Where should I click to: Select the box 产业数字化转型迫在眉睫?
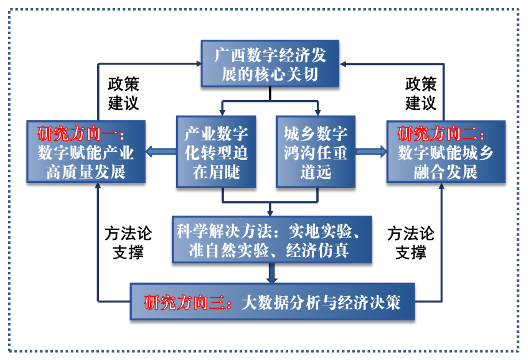216,152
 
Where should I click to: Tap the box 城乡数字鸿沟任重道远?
315,152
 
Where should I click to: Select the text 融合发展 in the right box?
446,171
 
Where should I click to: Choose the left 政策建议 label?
124,94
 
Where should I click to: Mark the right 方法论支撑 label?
411,242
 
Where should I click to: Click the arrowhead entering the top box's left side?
196,63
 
